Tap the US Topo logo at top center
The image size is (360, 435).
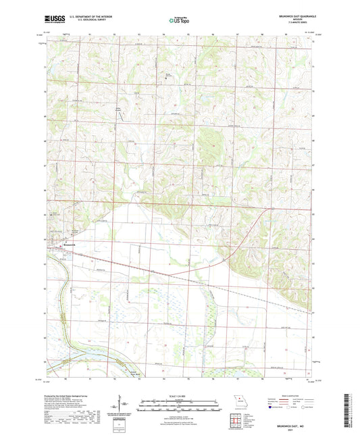tap(179, 21)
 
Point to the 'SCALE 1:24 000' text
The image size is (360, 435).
tap(179, 394)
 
